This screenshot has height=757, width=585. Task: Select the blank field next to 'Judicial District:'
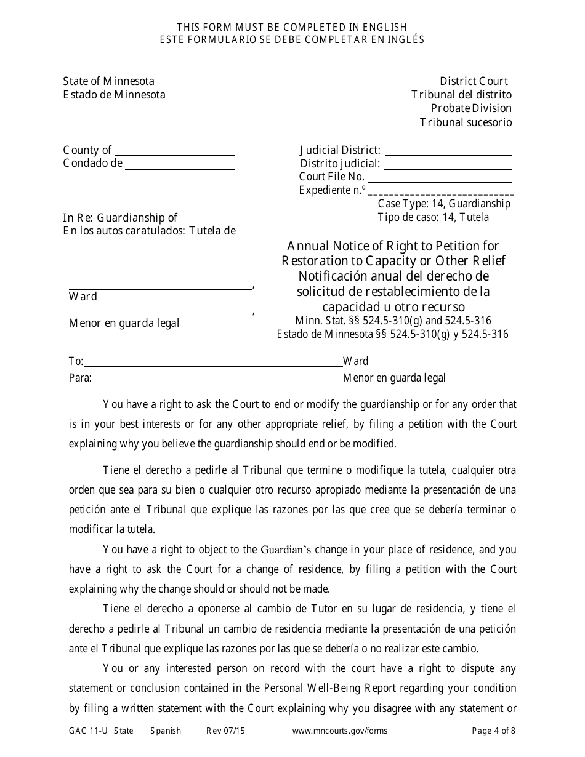click(448, 150)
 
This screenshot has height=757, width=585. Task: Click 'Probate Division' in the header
click(471, 108)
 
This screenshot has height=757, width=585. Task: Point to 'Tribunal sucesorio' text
click(466, 122)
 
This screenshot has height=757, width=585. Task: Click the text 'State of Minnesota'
click(108, 81)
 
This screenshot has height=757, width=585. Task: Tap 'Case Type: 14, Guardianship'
click(443, 204)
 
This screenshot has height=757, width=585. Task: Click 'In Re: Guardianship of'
click(120, 217)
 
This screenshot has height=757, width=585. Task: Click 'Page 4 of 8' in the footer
click(493, 731)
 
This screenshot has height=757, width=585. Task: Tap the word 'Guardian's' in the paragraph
click(289, 550)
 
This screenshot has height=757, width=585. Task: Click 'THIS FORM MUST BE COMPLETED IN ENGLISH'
click(292, 27)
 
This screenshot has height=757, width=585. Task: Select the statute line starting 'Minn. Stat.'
click(393, 320)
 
